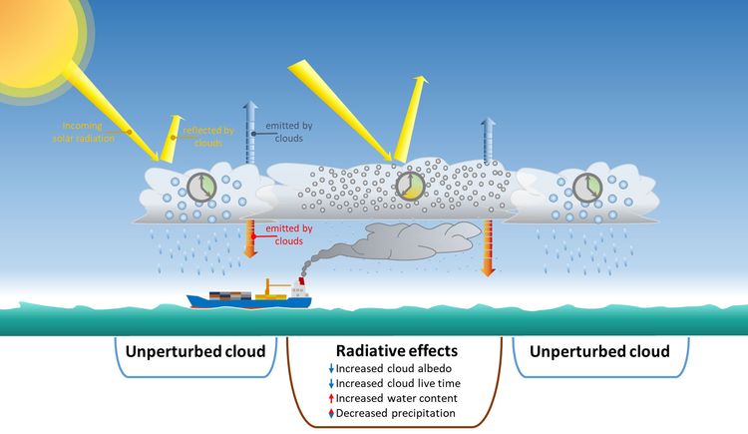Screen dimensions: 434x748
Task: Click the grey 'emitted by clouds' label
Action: click(288, 131)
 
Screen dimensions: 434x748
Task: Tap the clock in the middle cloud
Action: click(408, 187)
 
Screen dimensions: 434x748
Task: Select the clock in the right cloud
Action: click(585, 187)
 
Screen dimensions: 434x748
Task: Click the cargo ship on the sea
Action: click(253, 295)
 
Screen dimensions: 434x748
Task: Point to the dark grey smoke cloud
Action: click(419, 239)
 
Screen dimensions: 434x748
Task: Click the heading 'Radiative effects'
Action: click(395, 351)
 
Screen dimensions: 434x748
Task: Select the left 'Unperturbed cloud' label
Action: click(194, 352)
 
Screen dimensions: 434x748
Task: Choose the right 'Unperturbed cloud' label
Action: click(598, 352)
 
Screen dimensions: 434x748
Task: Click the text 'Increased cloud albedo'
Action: click(399, 368)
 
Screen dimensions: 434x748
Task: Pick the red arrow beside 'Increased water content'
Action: click(330, 398)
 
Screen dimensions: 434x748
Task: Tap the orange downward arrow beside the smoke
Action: click(489, 246)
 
